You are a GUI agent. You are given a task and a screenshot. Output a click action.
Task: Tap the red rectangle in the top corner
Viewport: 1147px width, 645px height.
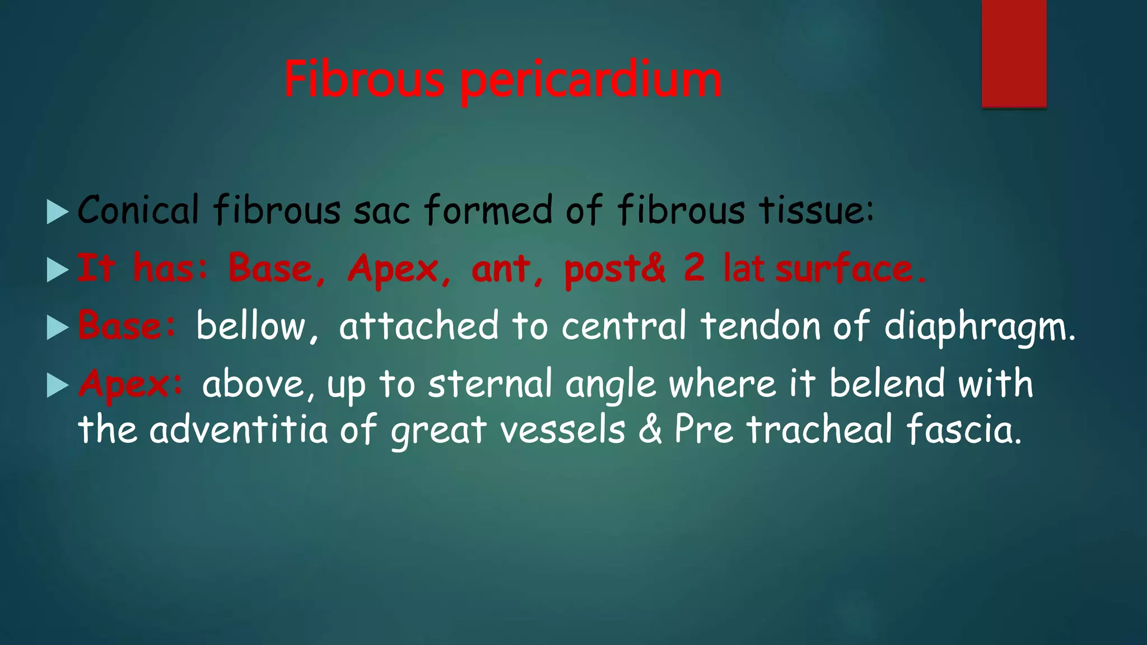click(x=1014, y=53)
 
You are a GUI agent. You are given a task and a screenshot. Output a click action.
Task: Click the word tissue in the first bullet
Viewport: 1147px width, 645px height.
click(x=815, y=210)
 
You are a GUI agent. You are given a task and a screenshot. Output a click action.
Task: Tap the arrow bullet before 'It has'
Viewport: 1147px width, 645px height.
click(x=57, y=270)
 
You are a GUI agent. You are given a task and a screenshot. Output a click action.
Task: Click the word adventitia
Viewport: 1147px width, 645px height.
click(x=238, y=430)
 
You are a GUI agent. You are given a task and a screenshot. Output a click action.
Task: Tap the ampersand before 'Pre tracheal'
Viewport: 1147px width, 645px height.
click(x=650, y=430)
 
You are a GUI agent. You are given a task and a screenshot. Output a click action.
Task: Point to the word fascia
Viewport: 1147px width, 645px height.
click(x=963, y=430)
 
